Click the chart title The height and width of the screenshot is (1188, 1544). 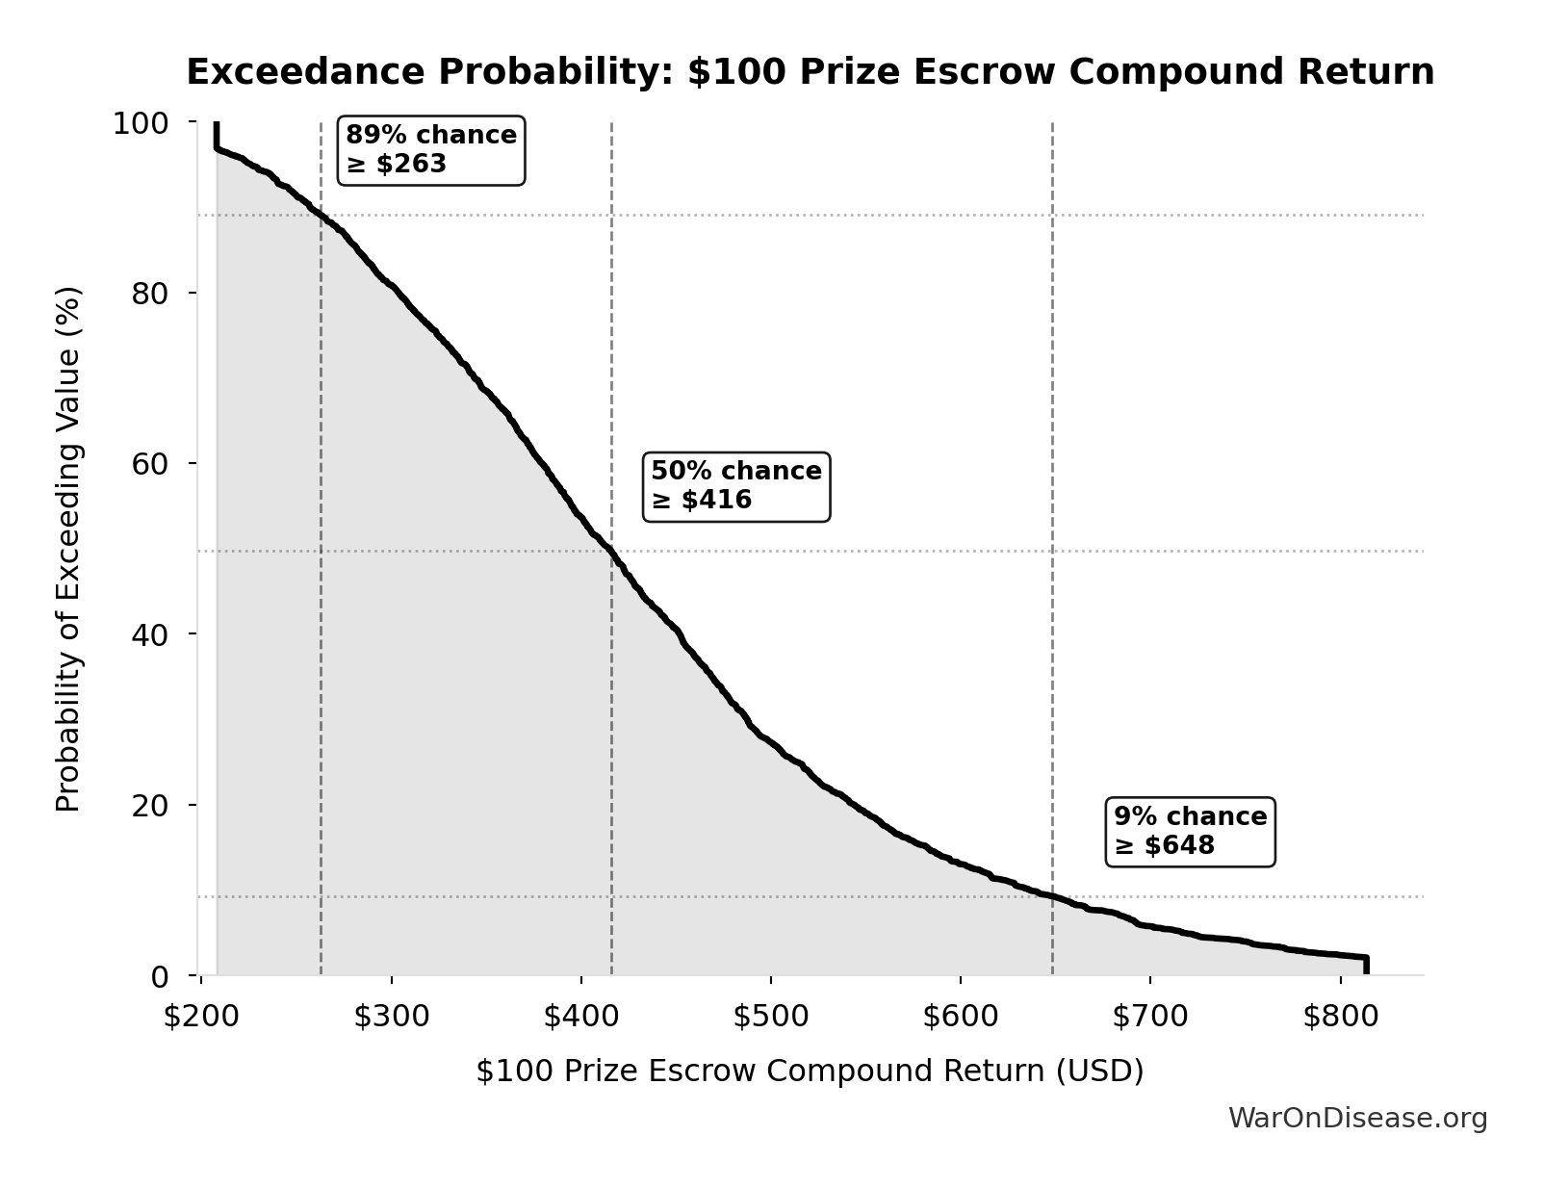coord(810,72)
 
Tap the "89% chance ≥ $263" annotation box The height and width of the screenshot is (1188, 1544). coord(430,150)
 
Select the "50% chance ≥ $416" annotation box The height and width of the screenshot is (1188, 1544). coord(735,486)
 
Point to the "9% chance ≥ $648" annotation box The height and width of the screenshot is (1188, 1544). coord(1190,832)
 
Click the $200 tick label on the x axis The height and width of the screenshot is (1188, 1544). coord(200,1017)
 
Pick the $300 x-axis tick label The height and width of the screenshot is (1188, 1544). coord(391,1017)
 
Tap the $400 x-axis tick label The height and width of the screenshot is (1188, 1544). coord(580,1017)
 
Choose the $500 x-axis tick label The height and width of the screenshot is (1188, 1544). coord(770,1017)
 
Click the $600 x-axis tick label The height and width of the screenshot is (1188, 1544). coord(960,1017)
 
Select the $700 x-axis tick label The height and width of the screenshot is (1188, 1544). coord(1149,1017)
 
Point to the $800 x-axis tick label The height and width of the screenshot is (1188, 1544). coord(1340,1017)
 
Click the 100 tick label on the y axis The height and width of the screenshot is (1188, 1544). coord(141,123)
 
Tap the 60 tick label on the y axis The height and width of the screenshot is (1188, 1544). coord(150,464)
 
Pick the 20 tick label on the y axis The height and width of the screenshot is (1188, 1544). coord(150,806)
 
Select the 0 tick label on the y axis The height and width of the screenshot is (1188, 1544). coord(160,976)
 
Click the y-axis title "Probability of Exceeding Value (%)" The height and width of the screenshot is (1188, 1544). coord(68,549)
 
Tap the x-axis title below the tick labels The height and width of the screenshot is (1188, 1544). coord(810,1071)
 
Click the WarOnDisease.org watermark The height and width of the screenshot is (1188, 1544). coord(1357,1118)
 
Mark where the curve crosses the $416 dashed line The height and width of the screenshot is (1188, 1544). coord(611,552)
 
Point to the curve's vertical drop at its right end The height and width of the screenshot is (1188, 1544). coord(1365,966)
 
